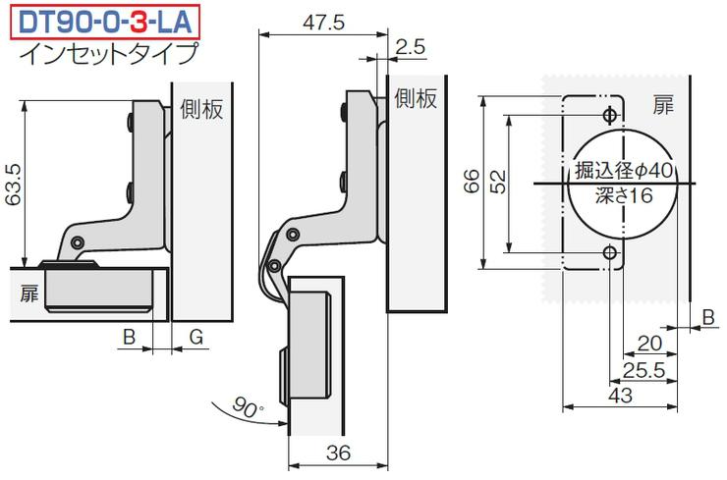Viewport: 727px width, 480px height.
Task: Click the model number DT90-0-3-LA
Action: coord(105,22)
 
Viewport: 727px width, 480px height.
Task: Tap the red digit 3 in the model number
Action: coord(139,22)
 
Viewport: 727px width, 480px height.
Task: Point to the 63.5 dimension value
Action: coord(13,185)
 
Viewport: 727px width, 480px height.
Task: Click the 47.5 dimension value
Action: coord(324,23)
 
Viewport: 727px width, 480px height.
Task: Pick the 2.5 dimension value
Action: coord(411,47)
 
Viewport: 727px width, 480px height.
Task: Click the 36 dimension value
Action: coord(338,453)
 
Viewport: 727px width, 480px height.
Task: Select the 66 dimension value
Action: coord(471,181)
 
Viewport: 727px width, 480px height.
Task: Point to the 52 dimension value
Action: coord(498,182)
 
